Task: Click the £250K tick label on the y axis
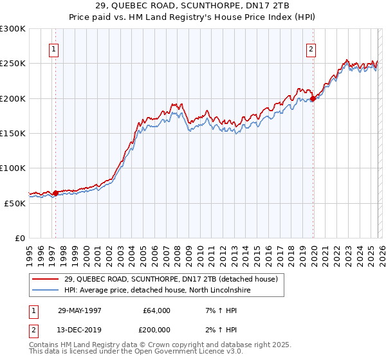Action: [x=13, y=64]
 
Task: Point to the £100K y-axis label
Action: [x=13, y=168]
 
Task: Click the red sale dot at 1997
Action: [x=56, y=193]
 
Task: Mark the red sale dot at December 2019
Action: [x=313, y=98]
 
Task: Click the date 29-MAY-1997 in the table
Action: [x=80, y=310]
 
